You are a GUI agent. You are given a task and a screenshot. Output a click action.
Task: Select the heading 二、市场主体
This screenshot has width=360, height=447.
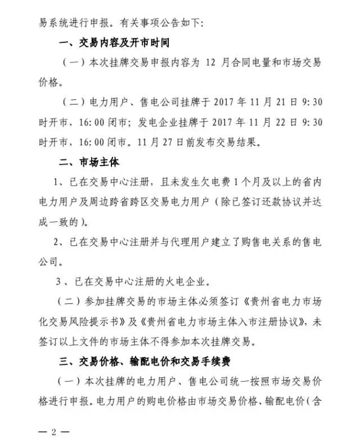(89, 163)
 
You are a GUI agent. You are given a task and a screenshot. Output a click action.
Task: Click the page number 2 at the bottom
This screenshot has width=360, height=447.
(54, 432)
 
